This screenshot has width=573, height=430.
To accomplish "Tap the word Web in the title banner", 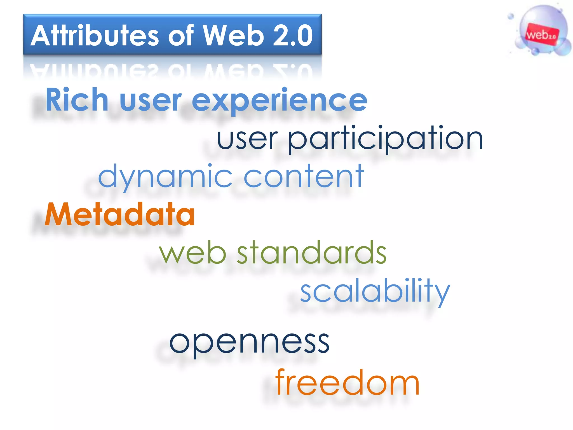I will (x=233, y=36).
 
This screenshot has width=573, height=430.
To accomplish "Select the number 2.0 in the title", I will (x=292, y=36).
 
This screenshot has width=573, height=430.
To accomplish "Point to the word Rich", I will (x=77, y=100).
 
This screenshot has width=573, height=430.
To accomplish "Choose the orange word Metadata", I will (x=120, y=215).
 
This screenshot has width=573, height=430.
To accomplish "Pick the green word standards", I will (x=312, y=253).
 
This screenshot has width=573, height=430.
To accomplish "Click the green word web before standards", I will (x=193, y=253).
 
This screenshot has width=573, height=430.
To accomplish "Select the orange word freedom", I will (x=347, y=383).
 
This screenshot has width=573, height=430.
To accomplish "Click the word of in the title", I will (x=181, y=36).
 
